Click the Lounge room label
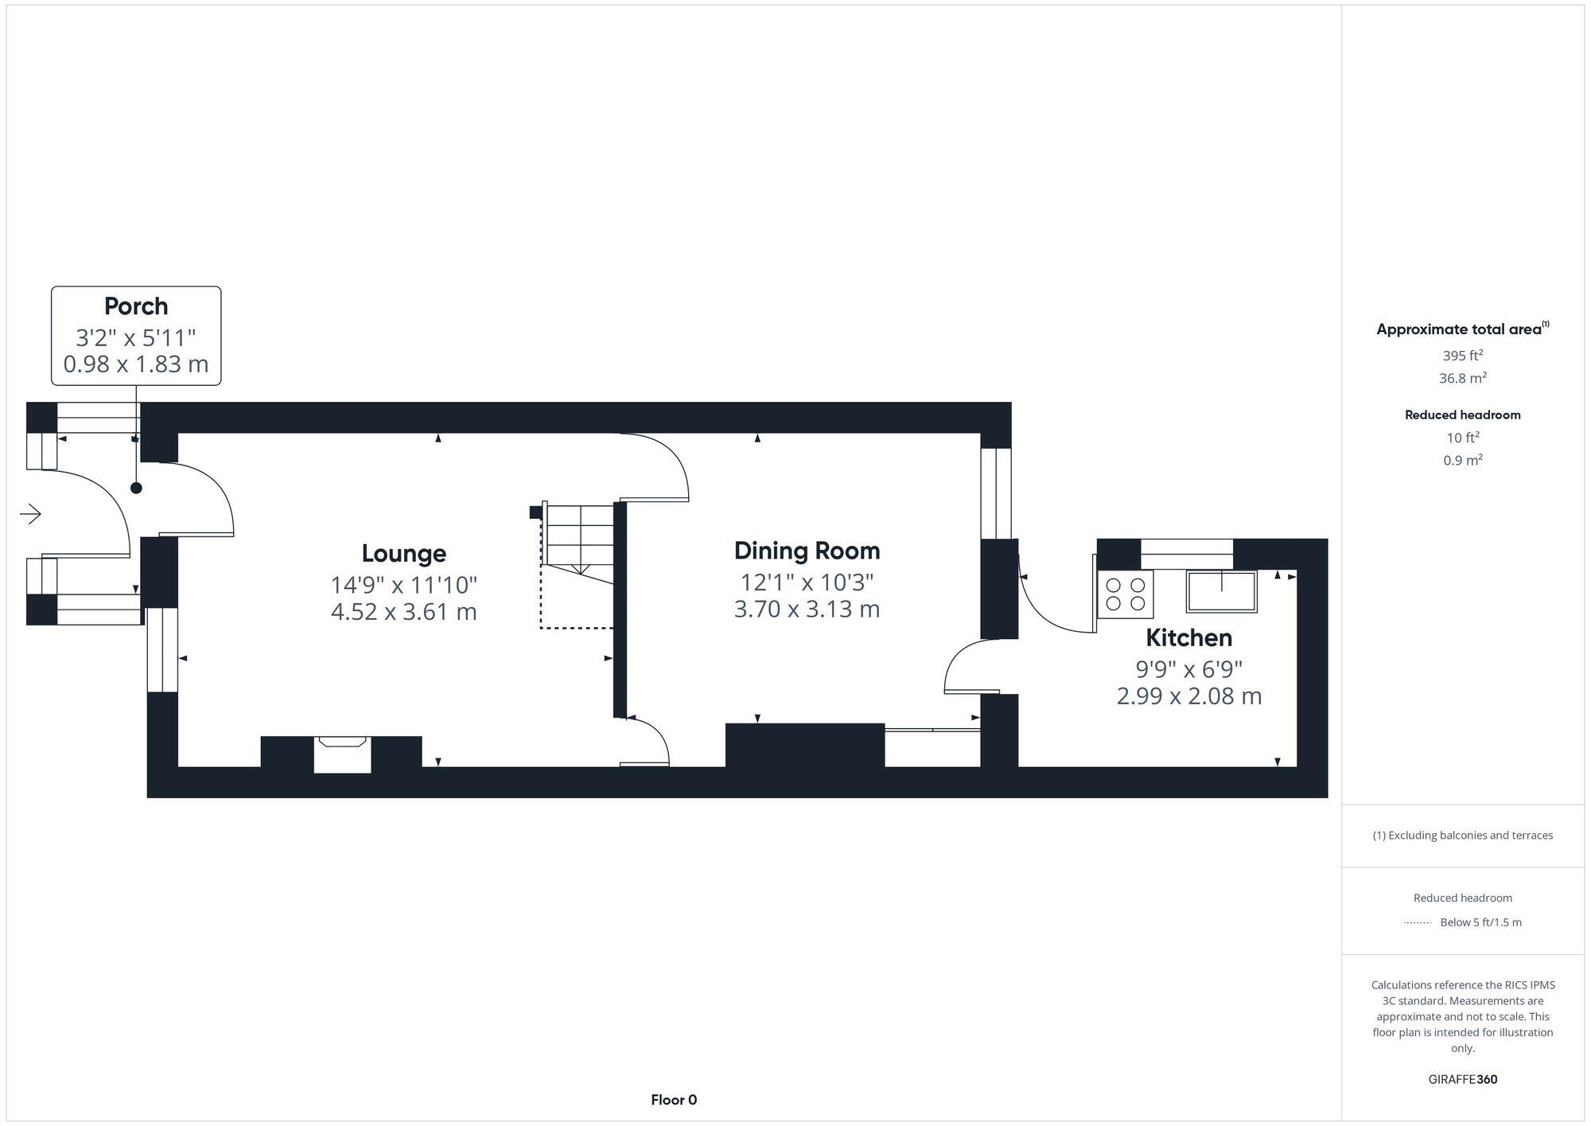click(403, 554)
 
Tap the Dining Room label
click(807, 551)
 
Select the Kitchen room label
click(1188, 637)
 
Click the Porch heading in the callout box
click(136, 306)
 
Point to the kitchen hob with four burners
click(1125, 594)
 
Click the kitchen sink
click(1221, 591)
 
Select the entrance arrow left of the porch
click(30, 514)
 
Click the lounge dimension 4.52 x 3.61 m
click(403, 612)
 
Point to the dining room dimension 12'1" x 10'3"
click(807, 582)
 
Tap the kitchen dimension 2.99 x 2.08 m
click(1188, 696)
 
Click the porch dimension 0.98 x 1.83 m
click(136, 364)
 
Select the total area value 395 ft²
click(1462, 356)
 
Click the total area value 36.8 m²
click(1462, 378)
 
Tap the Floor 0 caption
click(674, 1100)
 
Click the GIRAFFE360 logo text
click(1462, 1080)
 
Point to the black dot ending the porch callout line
click(136, 488)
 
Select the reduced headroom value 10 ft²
click(1462, 438)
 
